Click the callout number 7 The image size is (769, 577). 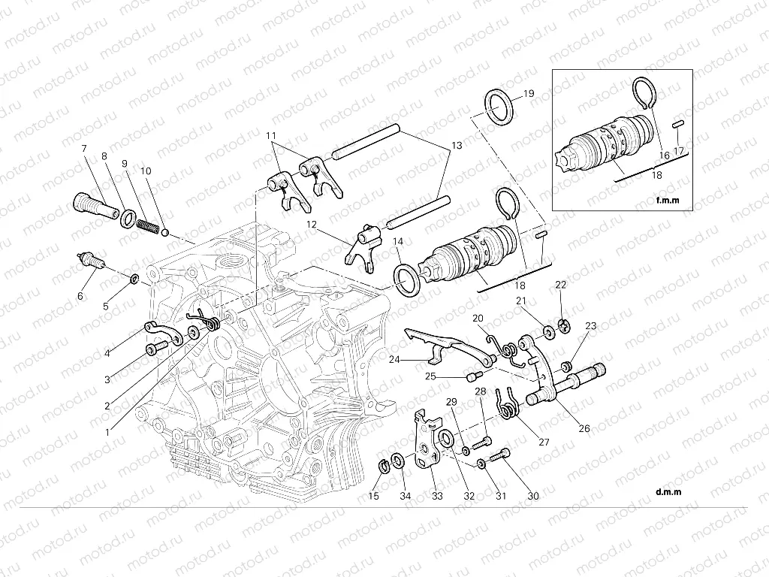click(84, 148)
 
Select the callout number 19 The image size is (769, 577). click(528, 94)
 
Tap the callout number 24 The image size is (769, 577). click(395, 359)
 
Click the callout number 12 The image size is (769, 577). click(312, 223)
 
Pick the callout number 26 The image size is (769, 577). click(584, 429)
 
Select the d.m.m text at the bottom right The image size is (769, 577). click(668, 492)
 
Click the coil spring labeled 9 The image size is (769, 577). click(148, 225)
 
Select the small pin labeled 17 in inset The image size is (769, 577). click(677, 123)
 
